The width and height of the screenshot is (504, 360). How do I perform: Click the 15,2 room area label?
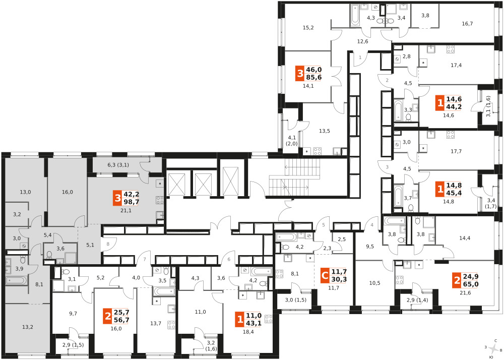(308, 28)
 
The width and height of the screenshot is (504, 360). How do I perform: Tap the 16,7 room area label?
(467, 24)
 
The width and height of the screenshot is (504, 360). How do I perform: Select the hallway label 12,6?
(362, 41)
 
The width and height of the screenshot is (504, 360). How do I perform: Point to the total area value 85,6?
(314, 78)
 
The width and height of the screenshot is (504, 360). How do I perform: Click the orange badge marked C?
(325, 275)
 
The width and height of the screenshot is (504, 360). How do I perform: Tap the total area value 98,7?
(131, 202)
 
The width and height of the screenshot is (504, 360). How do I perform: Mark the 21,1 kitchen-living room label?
(125, 211)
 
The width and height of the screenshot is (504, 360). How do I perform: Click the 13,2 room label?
(28, 327)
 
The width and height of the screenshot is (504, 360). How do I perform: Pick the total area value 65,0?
(471, 284)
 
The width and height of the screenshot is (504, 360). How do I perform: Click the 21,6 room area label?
(465, 293)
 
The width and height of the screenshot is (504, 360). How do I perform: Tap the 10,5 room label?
(375, 283)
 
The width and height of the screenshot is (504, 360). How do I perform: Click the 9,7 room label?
(73, 314)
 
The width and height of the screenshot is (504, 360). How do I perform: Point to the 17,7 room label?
(456, 151)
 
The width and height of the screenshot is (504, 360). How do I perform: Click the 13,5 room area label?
(325, 131)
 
